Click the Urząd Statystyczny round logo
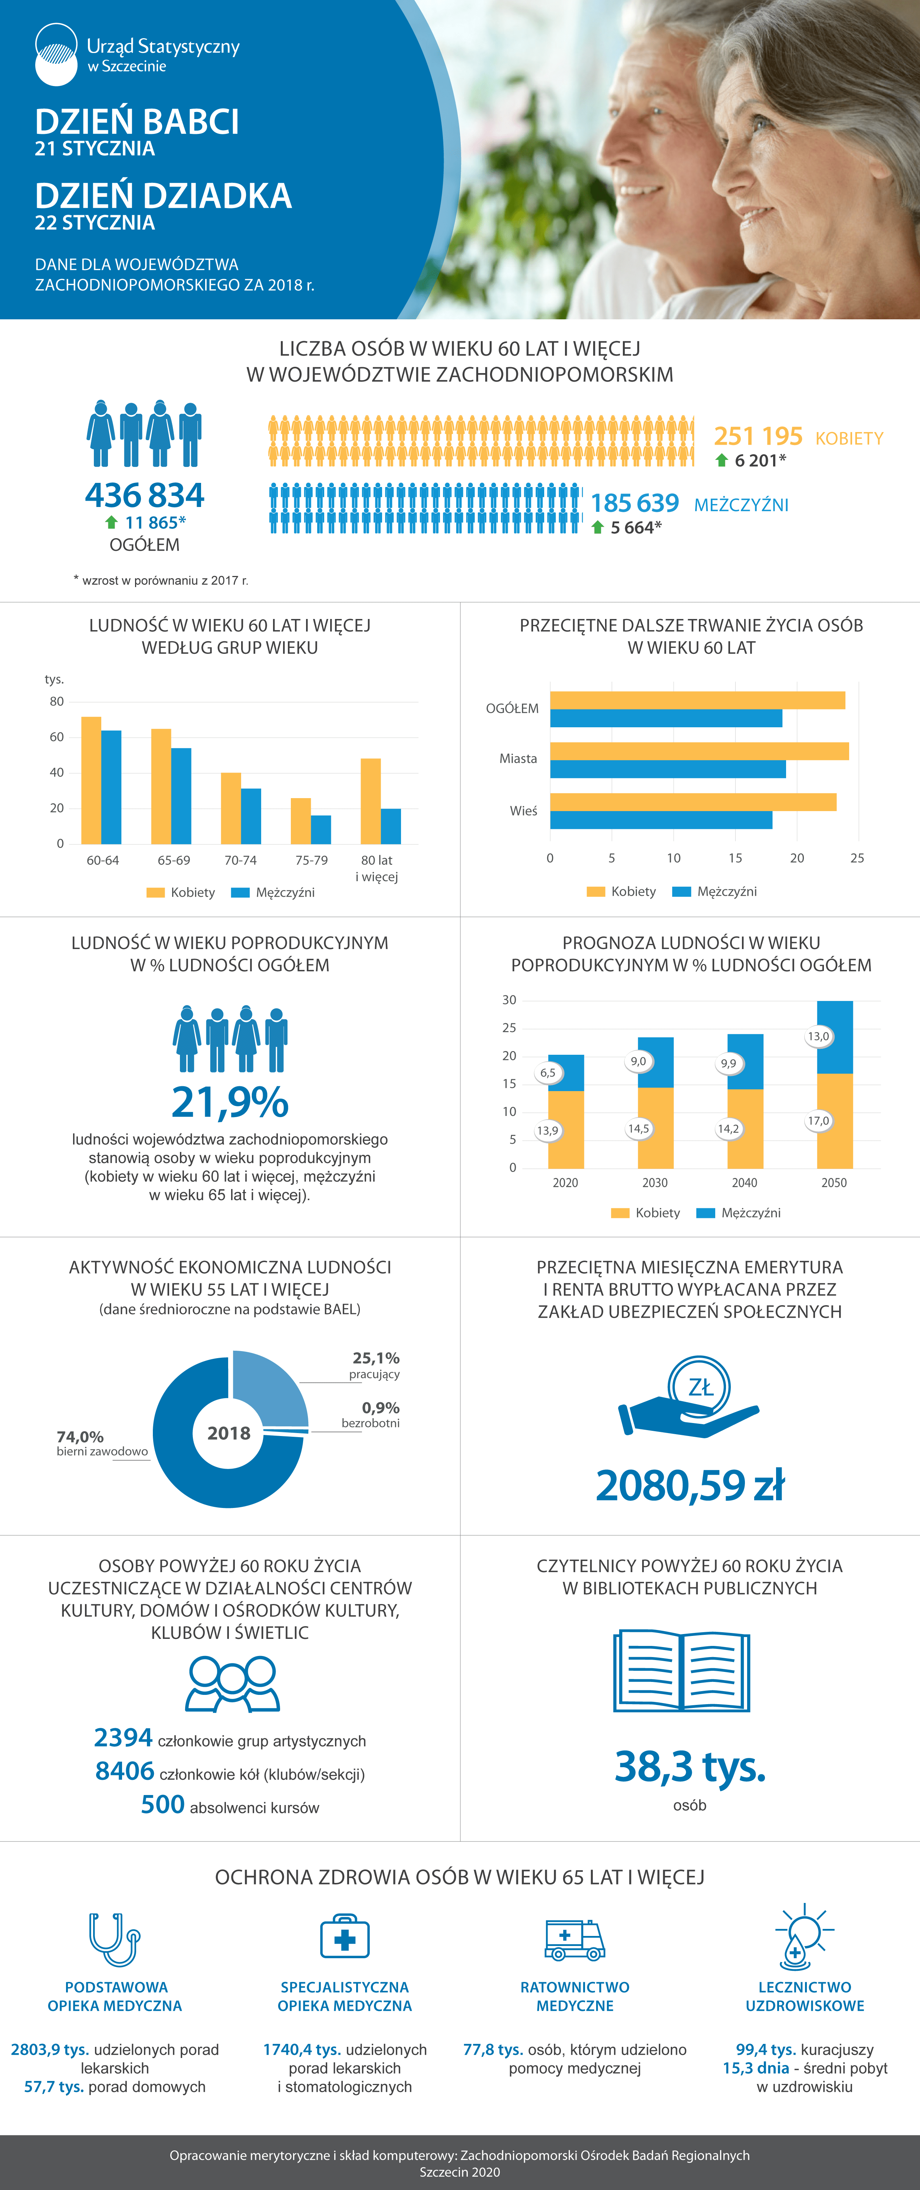click(56, 55)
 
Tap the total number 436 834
click(145, 495)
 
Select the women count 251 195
click(758, 436)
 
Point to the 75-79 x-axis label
click(311, 860)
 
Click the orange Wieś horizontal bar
click(693, 802)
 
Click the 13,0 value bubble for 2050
click(818, 1036)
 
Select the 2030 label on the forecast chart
click(655, 1183)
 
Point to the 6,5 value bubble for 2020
click(548, 1073)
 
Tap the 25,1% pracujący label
click(375, 1364)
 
